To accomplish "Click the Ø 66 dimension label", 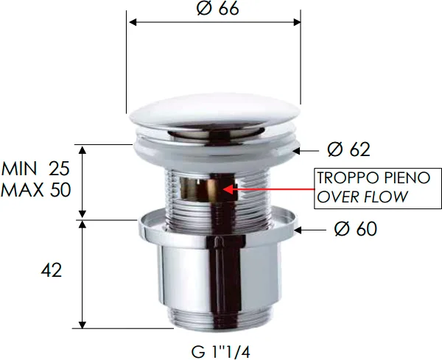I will pyautogui.click(x=218, y=9).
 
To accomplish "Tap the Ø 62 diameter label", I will pyautogui.click(x=348, y=150).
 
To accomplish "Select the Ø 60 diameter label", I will pyautogui.click(x=354, y=229).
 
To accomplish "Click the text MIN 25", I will pyautogui.click(x=36, y=168).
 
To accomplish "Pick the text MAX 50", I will pyautogui.click(x=36, y=189).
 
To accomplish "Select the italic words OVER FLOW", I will pyautogui.click(x=361, y=197).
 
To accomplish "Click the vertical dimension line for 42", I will pyautogui.click(x=83, y=272).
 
